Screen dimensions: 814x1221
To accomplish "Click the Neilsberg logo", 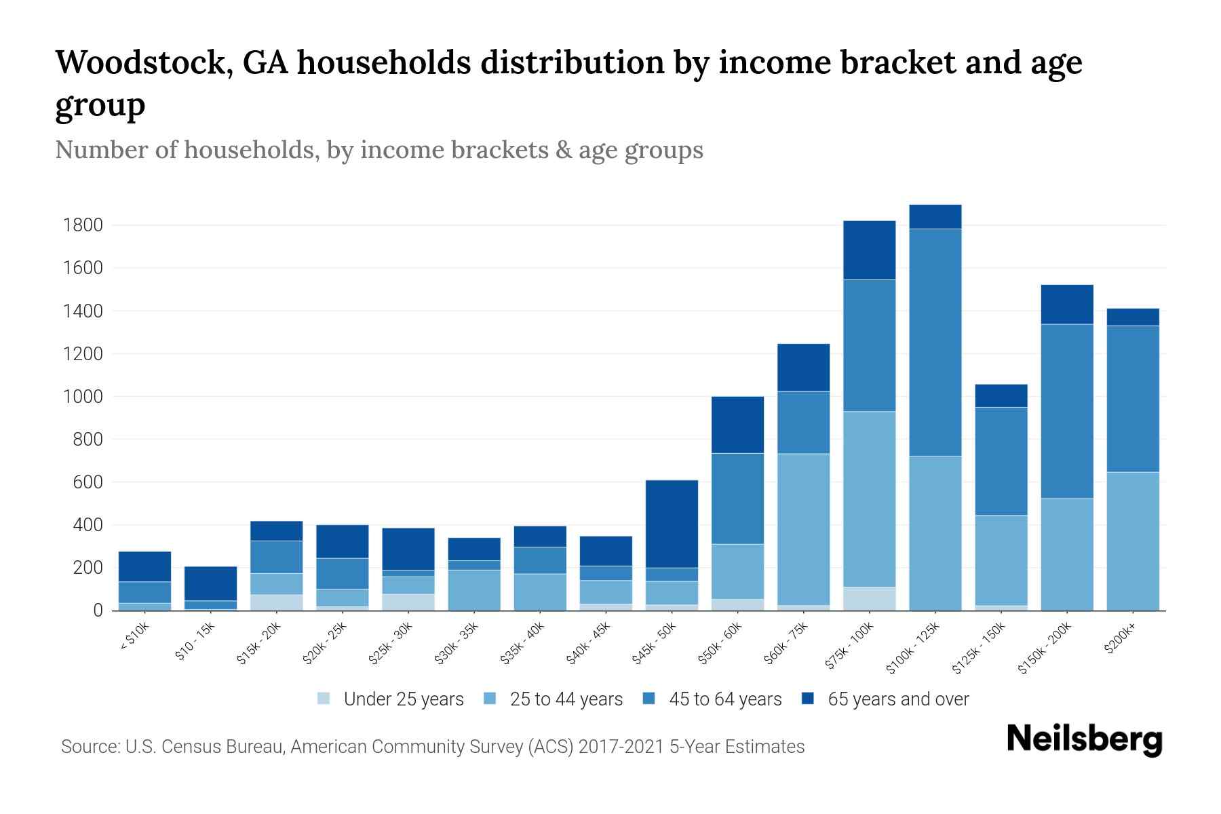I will click(x=1084, y=739).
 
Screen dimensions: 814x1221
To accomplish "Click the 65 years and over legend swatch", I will click(x=808, y=699).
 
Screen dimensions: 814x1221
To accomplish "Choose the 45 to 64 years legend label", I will click(x=724, y=699).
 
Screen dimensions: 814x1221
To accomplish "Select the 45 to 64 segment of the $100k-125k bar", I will click(x=935, y=343).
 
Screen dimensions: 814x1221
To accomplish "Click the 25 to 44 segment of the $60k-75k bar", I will click(x=803, y=529).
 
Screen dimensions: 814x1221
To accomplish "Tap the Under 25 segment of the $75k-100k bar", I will click(x=869, y=598).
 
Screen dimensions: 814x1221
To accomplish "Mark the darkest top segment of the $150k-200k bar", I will click(x=1067, y=304).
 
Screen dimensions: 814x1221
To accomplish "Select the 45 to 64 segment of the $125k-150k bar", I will click(x=1001, y=461).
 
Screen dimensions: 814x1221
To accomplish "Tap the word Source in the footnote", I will click(x=89, y=747).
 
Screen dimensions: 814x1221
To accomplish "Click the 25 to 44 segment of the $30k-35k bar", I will click(x=474, y=589).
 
